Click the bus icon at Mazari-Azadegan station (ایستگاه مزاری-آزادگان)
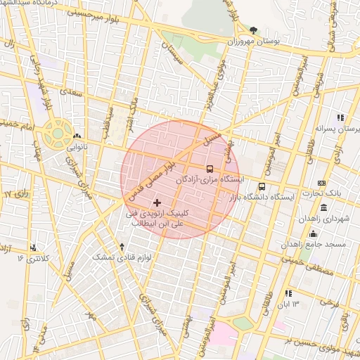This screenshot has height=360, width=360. (x=210, y=169)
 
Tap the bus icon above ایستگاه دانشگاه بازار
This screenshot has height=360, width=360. (x=262, y=187)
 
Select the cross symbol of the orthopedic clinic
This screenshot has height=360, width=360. (x=156, y=202)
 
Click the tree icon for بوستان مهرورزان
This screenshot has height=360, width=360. (x=253, y=30)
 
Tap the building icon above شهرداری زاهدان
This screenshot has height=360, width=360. (x=323, y=208)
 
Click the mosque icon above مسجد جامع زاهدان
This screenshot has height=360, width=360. (x=312, y=233)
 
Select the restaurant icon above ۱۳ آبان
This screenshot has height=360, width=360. (x=288, y=292)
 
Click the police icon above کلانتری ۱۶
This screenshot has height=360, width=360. (x=33, y=247)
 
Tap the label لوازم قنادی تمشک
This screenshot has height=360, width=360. (x=122, y=257)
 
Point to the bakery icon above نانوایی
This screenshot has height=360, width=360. (x=77, y=137)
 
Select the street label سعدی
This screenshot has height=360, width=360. (x=72, y=91)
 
